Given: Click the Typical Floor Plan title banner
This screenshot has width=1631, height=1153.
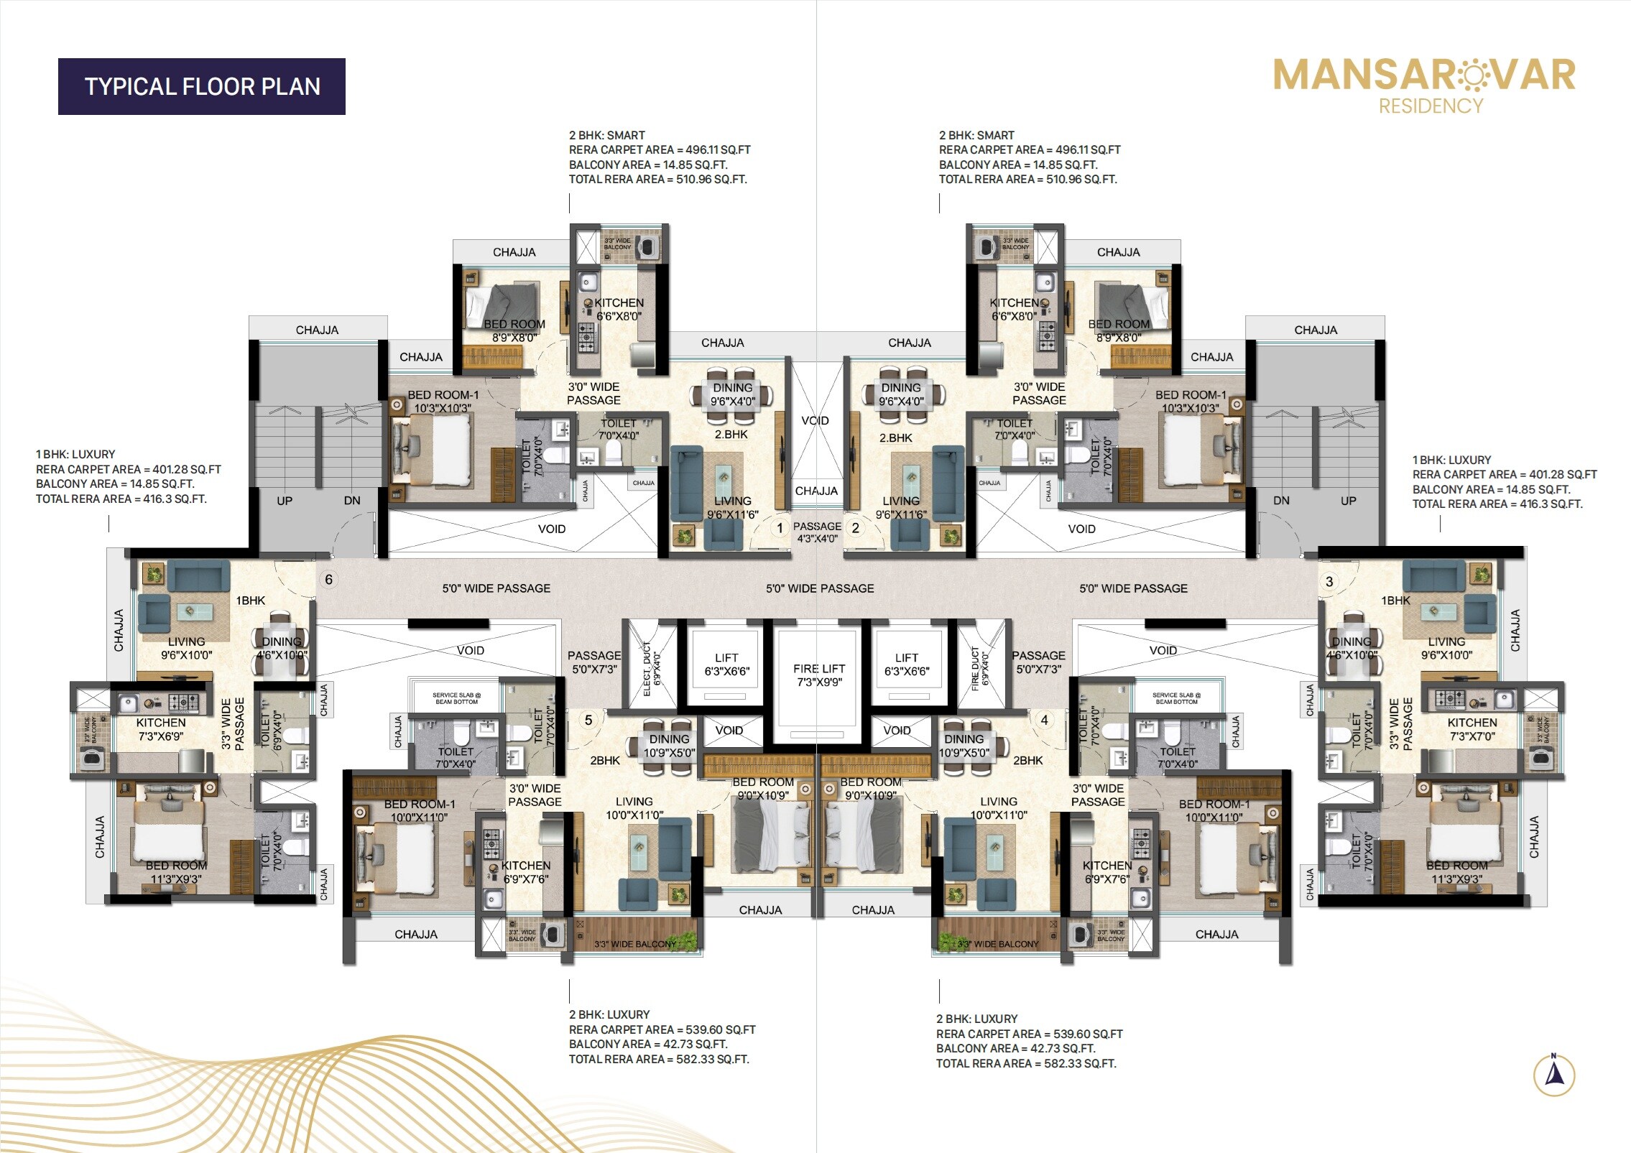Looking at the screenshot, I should click(x=202, y=86).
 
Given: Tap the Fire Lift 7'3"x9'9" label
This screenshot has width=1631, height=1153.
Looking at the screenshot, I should click(x=819, y=675).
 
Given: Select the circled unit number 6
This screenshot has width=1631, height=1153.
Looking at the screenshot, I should click(x=328, y=580).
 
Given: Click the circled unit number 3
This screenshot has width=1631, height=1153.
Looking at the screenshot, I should click(x=1329, y=582).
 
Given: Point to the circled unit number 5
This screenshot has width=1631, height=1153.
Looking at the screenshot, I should click(x=588, y=720).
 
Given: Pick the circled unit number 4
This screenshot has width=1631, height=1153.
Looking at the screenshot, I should click(x=1044, y=720).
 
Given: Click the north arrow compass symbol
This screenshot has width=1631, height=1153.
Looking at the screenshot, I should click(x=1553, y=1075).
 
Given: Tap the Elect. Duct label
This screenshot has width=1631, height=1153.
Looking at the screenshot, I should click(x=652, y=668).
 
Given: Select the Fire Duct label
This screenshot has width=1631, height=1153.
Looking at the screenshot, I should click(x=980, y=668).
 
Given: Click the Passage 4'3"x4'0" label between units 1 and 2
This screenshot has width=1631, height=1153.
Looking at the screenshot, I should click(x=817, y=532).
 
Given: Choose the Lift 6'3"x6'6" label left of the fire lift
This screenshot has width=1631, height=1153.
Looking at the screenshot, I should click(x=726, y=665).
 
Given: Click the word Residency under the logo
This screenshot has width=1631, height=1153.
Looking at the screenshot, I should click(x=1431, y=106).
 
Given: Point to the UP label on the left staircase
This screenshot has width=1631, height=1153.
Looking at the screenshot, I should click(x=285, y=501).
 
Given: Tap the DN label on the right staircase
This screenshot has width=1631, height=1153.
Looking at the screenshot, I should click(x=1281, y=501).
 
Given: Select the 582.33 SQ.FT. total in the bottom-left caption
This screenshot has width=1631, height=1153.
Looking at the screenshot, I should click(x=712, y=1059).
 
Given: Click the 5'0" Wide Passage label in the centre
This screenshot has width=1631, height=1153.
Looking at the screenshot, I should click(x=820, y=588).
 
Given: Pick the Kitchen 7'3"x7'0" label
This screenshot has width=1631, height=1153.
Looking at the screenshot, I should click(x=1472, y=729).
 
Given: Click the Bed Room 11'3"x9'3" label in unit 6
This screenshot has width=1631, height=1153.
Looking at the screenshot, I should click(x=176, y=872).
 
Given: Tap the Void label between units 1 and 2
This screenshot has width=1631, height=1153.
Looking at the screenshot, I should click(x=815, y=421).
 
